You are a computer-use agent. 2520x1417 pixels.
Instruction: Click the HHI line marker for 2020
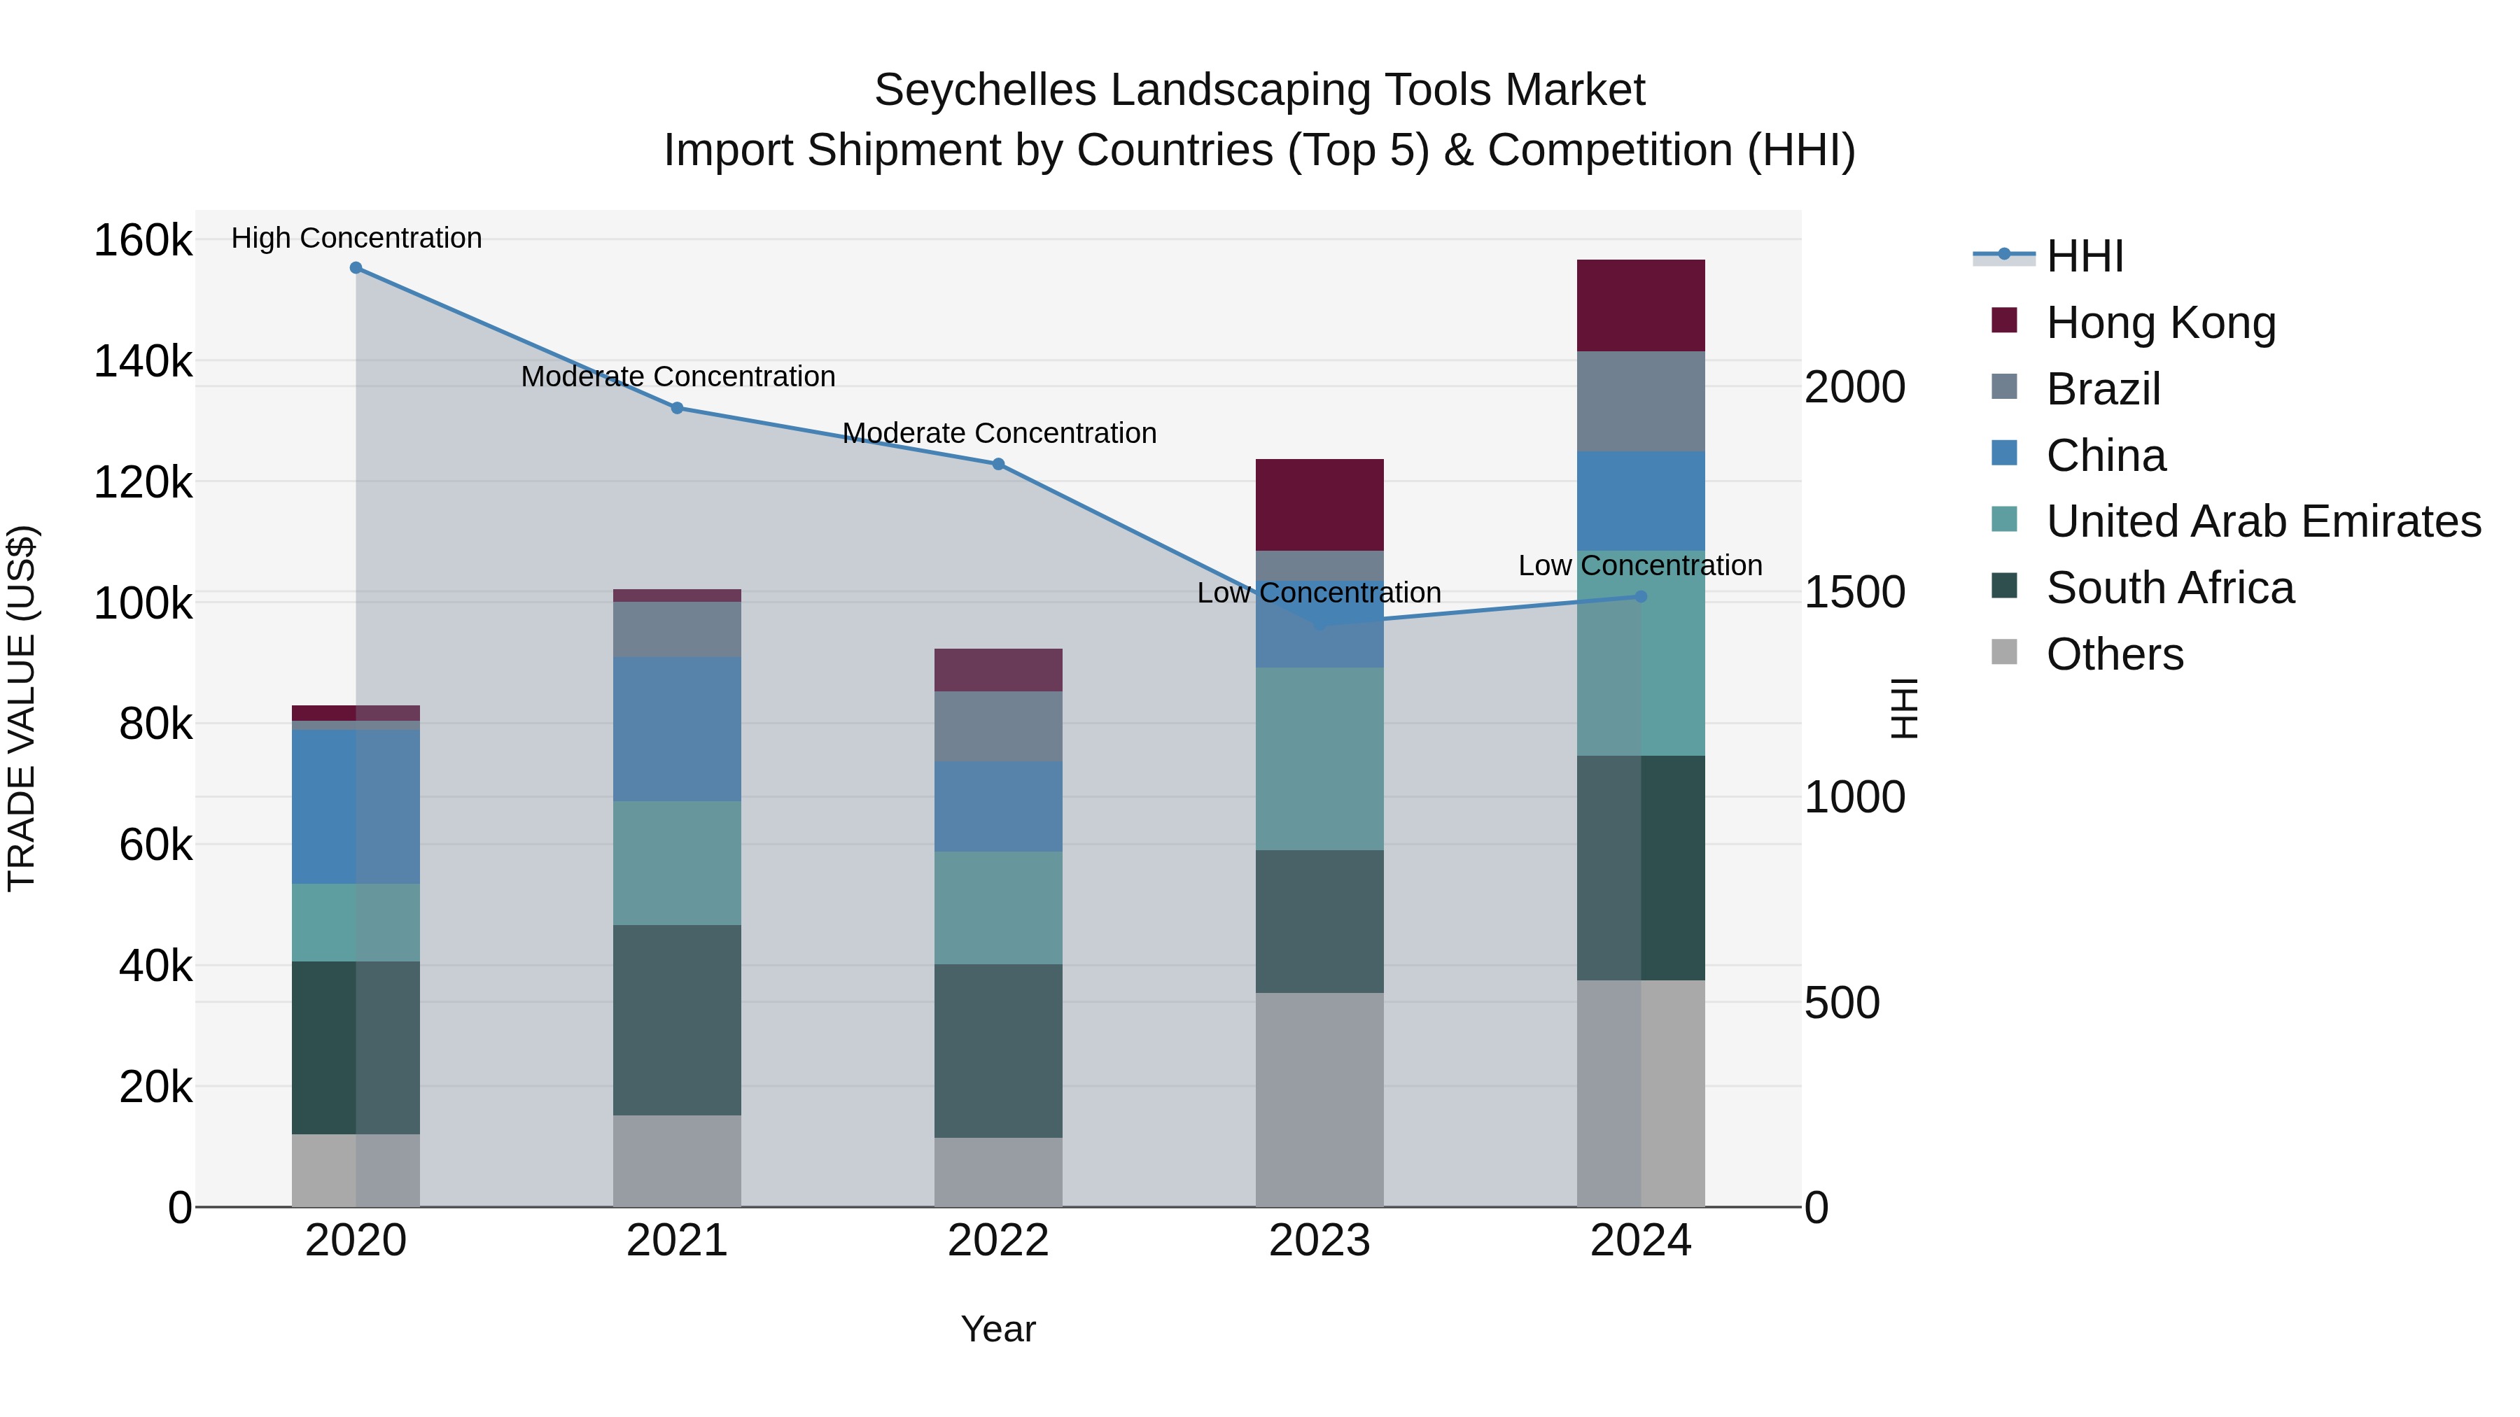pos(356,268)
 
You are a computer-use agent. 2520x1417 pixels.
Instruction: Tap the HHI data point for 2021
pos(677,408)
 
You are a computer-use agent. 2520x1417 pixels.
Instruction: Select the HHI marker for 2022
pos(997,465)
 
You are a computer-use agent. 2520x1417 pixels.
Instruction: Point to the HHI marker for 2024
pos(1641,596)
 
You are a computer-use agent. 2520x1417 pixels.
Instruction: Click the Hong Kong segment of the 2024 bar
pos(1641,305)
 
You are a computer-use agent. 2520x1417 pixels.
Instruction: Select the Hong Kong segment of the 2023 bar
pos(1319,505)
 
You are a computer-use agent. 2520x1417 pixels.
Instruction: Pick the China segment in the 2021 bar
pos(677,730)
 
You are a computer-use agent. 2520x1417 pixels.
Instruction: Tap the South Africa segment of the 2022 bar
pos(997,1050)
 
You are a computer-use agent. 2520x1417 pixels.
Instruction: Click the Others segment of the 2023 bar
pos(1319,1099)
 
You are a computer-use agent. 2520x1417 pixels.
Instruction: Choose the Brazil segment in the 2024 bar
pos(1641,401)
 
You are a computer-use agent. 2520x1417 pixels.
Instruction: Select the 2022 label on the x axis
pos(997,1241)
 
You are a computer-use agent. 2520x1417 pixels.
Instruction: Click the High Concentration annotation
pos(356,238)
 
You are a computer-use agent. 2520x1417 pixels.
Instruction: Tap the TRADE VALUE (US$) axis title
pos(22,708)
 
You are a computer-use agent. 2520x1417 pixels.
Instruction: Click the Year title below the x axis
pos(997,1329)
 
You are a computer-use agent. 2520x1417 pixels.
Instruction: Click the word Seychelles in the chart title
pos(984,90)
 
